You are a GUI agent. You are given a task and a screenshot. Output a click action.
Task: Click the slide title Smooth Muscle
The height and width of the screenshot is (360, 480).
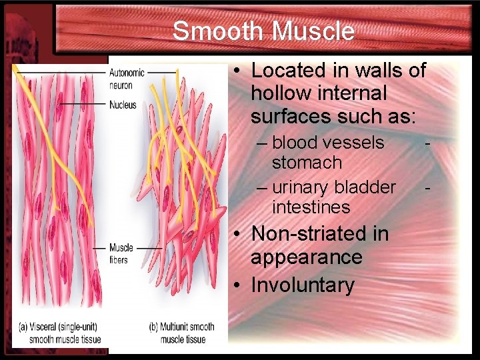[263, 31]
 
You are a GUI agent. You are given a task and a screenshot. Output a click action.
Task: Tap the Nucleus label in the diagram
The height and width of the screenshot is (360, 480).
[123, 105]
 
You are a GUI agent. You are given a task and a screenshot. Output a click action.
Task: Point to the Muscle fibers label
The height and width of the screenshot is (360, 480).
[121, 253]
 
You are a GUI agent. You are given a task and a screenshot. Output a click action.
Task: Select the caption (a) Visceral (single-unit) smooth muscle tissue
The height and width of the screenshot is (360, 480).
[61, 333]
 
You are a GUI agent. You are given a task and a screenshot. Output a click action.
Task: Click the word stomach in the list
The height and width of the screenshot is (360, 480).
[307, 163]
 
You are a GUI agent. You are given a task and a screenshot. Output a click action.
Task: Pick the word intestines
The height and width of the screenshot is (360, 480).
[311, 207]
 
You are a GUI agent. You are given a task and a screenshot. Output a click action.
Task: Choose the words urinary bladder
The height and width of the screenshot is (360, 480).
[334, 187]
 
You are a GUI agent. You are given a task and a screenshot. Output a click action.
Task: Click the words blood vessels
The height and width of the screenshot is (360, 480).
[328, 143]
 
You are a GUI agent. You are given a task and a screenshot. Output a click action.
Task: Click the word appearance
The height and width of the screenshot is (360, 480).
[306, 257]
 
